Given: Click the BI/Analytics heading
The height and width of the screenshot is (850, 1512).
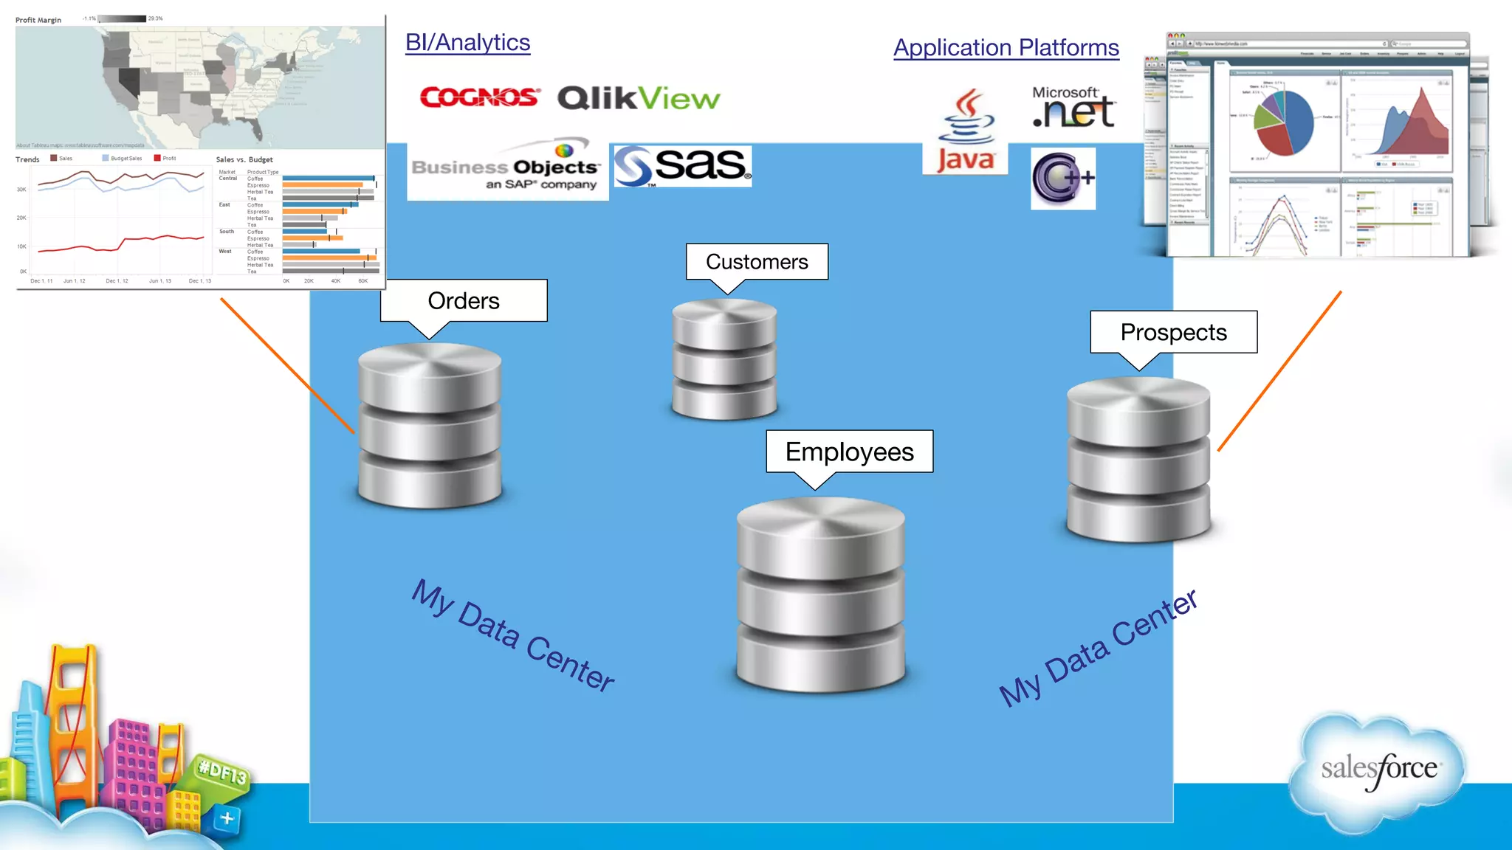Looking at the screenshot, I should click(467, 43).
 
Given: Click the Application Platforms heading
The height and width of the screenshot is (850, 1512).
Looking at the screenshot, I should click(1006, 48).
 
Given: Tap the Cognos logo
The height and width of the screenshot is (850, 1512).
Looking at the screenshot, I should click(479, 97).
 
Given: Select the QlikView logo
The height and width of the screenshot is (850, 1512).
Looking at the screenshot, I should click(639, 98).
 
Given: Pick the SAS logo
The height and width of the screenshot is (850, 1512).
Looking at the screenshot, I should click(683, 166).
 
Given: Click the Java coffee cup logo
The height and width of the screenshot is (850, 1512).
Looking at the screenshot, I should click(966, 131).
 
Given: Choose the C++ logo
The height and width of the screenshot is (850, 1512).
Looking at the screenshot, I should click(1062, 178).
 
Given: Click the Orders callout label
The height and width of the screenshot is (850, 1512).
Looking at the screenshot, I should click(464, 301).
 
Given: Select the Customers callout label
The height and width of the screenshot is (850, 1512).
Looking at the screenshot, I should click(757, 262).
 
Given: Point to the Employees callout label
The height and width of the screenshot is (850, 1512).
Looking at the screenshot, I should click(849, 452).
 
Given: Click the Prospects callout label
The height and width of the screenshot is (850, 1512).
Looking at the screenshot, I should click(1173, 332).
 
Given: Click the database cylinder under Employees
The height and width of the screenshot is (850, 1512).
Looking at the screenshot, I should click(821, 595).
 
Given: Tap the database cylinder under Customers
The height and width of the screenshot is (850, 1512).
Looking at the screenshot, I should click(724, 360).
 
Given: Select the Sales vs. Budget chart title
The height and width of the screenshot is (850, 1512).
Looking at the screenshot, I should click(244, 159).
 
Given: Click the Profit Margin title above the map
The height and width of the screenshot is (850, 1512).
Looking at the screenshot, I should click(38, 20).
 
